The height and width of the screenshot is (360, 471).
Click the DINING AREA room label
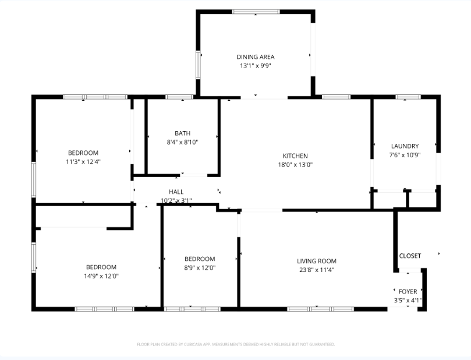255,57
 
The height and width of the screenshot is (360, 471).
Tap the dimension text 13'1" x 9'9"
255,66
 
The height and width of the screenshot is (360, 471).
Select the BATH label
182,133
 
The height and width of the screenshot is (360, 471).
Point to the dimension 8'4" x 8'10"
182,142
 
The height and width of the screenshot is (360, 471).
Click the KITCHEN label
295,156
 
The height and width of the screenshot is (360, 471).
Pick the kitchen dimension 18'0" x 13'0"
295,164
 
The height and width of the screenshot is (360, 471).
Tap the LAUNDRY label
405,146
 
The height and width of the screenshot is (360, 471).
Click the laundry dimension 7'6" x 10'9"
405,155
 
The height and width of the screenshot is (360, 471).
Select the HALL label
176,192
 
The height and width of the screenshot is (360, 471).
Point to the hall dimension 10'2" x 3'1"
176,200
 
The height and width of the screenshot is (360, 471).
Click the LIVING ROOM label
317,261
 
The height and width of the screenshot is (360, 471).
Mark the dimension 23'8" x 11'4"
317,270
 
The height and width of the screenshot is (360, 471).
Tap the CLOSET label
410,256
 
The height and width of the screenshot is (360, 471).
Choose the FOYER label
408,291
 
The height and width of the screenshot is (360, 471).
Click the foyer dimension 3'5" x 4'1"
408,301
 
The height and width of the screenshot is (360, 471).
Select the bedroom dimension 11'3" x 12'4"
83,162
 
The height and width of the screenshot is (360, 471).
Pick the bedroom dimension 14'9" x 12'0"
101,276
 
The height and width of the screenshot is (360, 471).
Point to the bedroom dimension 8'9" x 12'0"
200,268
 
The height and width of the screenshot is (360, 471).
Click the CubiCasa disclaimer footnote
236,344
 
